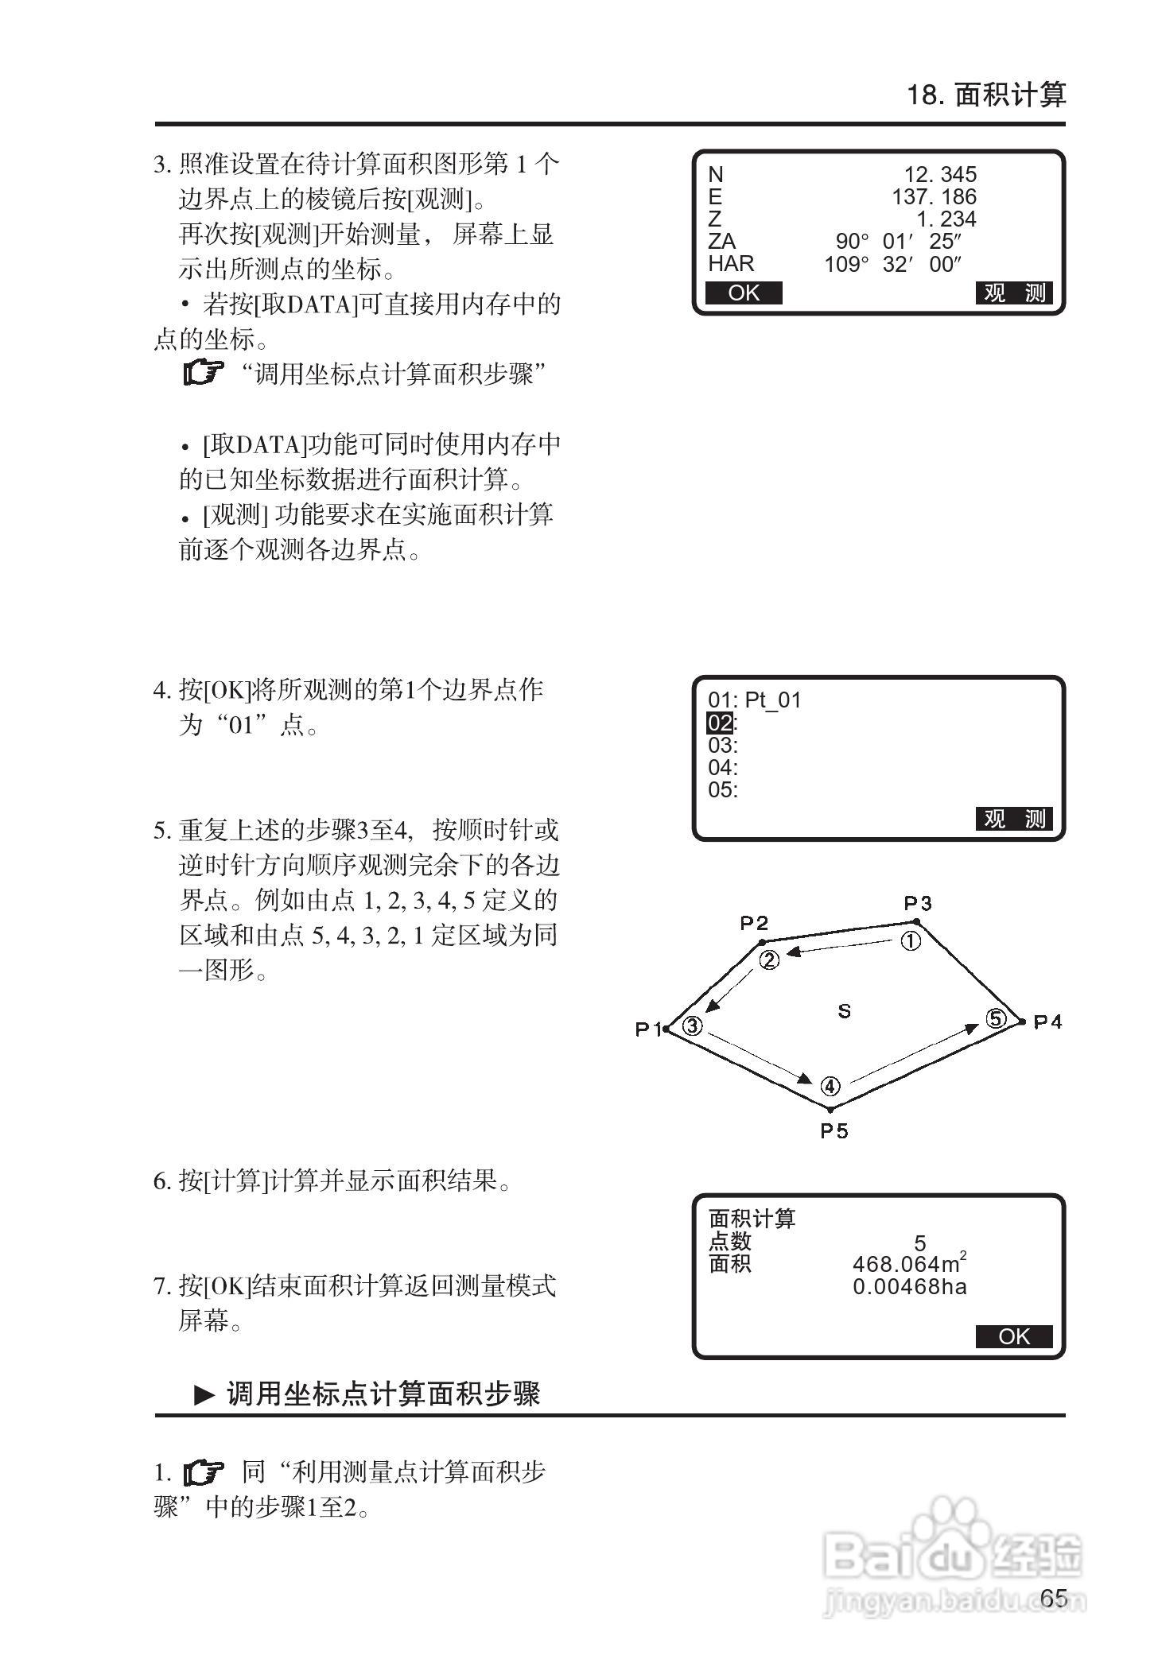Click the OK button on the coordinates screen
(x=744, y=293)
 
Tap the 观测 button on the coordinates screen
(x=1014, y=293)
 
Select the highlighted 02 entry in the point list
(x=720, y=723)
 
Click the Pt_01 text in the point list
(x=772, y=700)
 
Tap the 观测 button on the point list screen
(x=1014, y=819)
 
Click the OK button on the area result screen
(x=1014, y=1336)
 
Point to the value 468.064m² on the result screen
(x=909, y=1263)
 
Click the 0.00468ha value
(x=909, y=1286)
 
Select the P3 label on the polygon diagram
(x=917, y=903)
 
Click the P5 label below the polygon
(x=834, y=1130)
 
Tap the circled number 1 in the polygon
(x=910, y=941)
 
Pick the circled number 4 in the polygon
(x=830, y=1086)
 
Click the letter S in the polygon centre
(x=845, y=1011)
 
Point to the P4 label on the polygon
(x=1047, y=1022)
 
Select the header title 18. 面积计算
(x=986, y=95)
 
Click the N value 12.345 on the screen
(x=940, y=174)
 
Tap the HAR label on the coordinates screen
(x=731, y=263)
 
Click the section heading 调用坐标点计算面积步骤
(x=383, y=1394)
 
